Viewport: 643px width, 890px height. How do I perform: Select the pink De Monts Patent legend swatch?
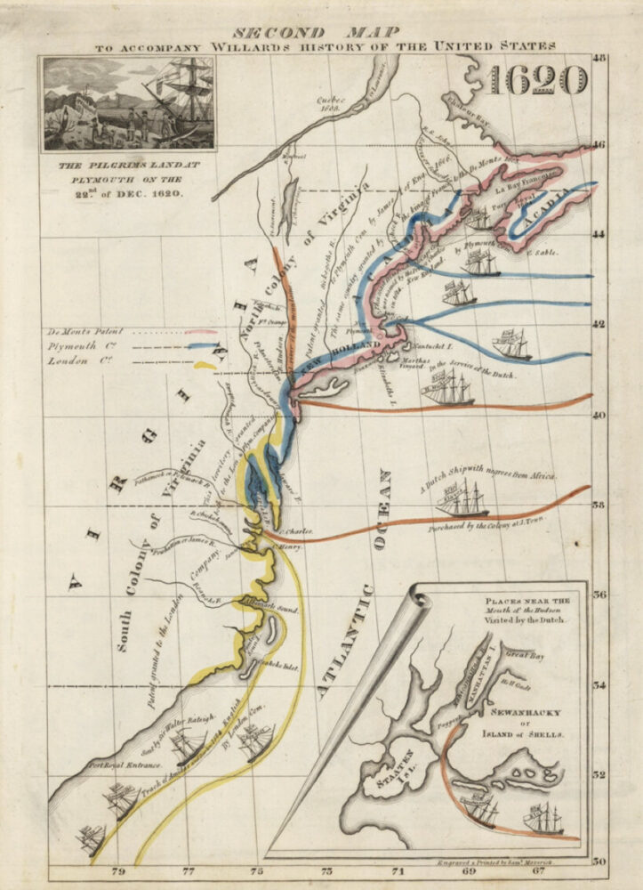click(201, 331)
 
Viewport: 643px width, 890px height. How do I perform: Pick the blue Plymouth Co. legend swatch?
click(201, 347)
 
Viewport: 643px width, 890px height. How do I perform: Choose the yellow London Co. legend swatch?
click(205, 364)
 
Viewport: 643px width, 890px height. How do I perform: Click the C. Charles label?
click(296, 532)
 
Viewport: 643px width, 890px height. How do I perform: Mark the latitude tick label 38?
click(600, 505)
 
